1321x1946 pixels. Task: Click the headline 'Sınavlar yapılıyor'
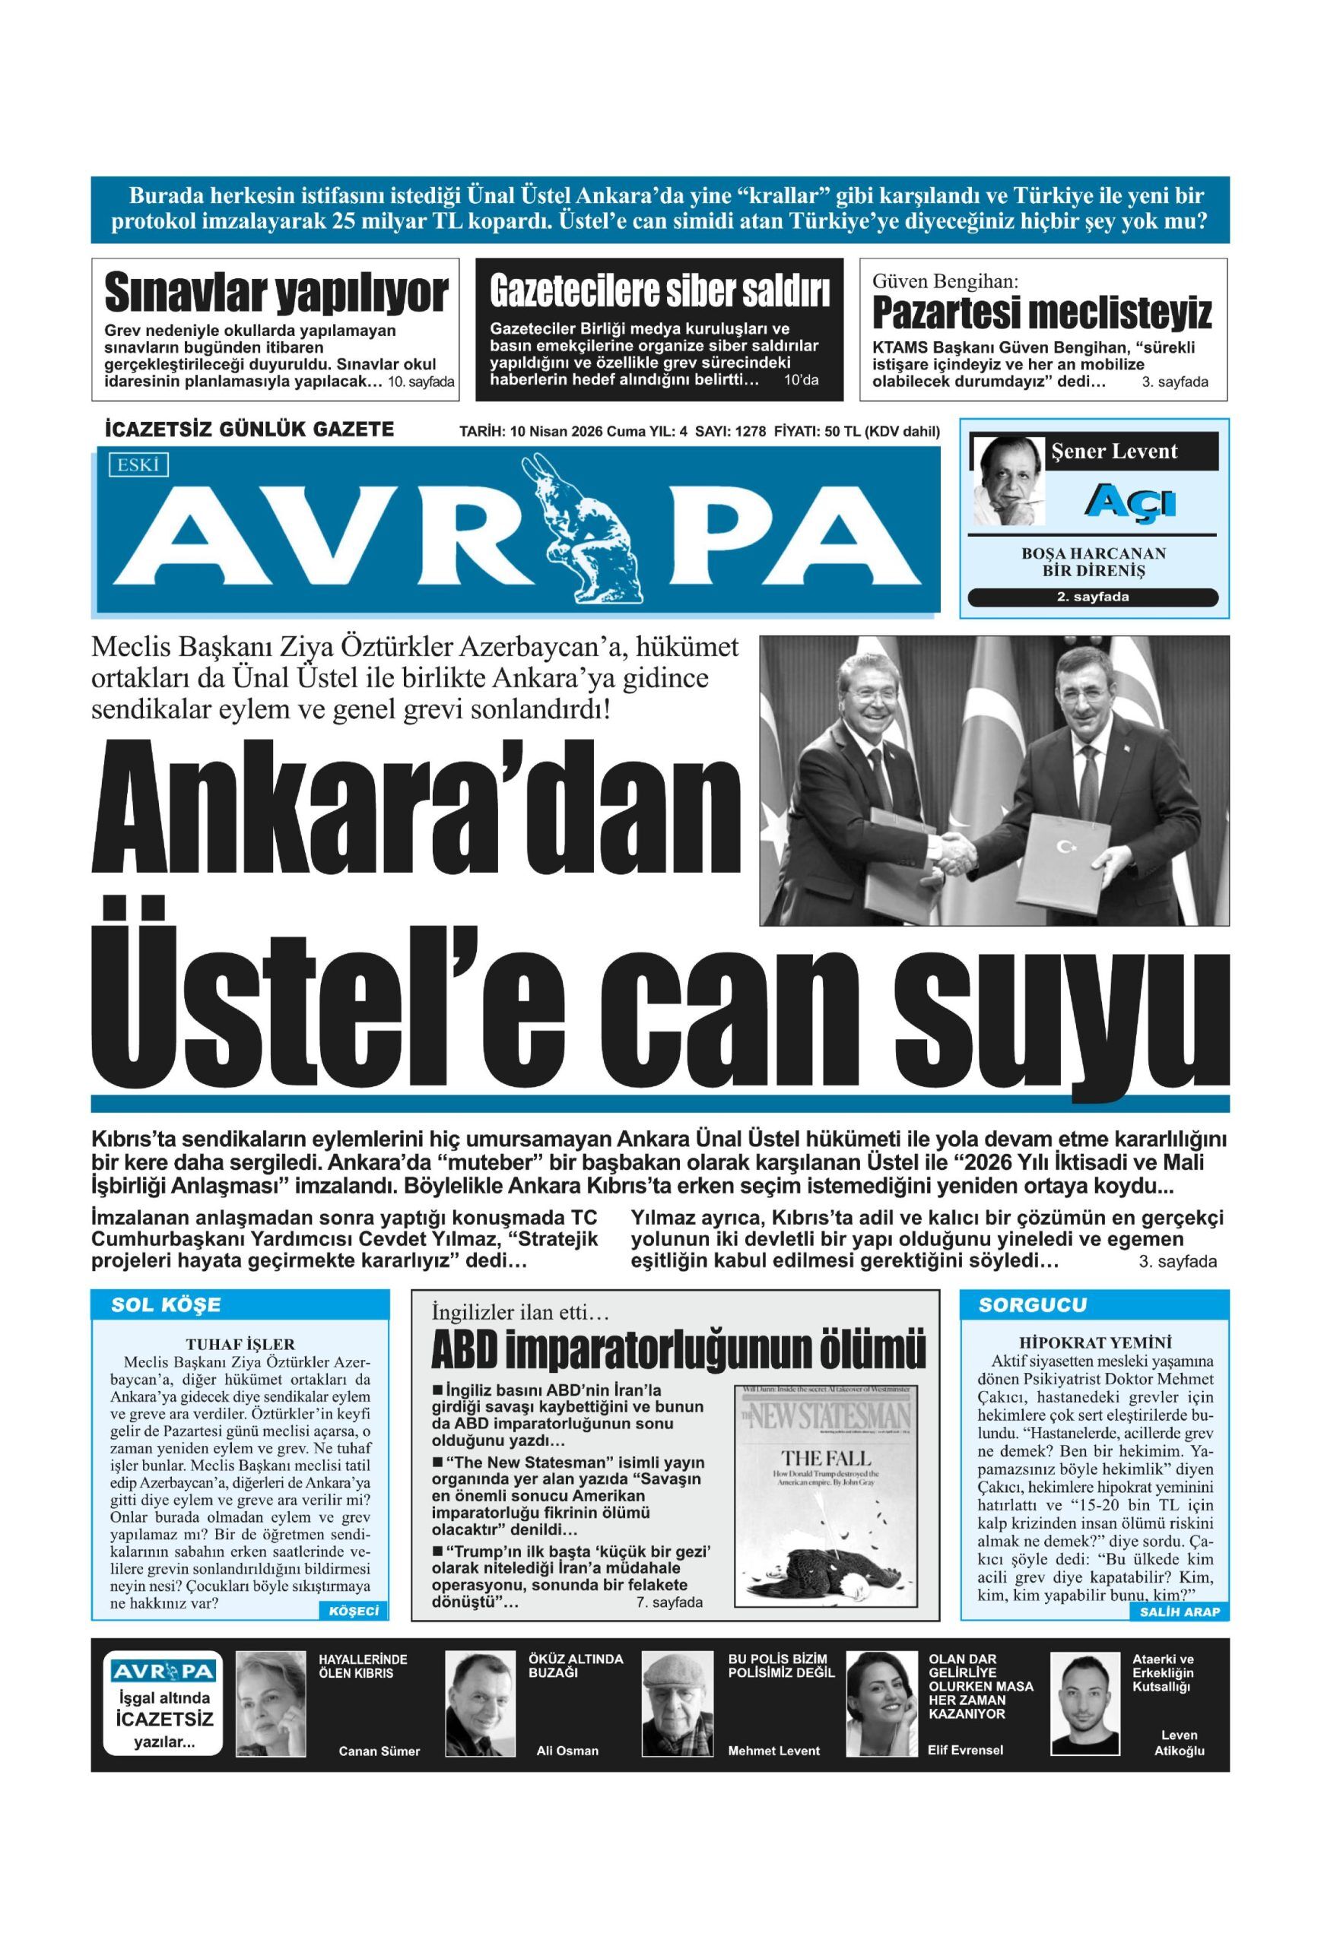click(x=275, y=294)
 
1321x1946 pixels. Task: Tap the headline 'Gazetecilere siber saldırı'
click(x=659, y=292)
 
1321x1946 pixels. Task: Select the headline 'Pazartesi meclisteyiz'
click(x=1041, y=313)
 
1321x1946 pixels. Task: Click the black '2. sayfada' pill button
click(x=1092, y=597)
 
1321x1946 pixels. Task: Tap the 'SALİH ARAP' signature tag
click(x=1179, y=1612)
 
